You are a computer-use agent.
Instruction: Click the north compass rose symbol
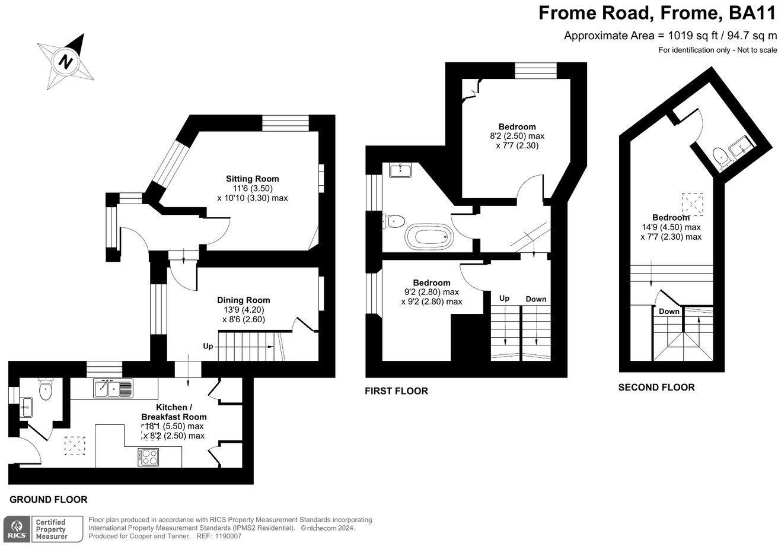[66, 61]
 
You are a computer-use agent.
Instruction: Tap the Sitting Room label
[252, 179]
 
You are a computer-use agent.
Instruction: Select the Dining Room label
[243, 300]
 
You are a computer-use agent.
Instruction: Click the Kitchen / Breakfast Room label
[173, 412]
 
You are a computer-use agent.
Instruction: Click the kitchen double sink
[113, 389]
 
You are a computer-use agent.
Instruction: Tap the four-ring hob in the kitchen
[148, 457]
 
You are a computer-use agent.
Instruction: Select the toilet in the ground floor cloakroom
[46, 389]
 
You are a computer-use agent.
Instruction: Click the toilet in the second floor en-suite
[721, 157]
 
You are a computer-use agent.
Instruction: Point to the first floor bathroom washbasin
[400, 171]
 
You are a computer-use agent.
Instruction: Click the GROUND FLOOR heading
[49, 500]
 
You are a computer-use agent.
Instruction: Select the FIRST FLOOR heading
[397, 391]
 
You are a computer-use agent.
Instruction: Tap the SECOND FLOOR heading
[656, 388]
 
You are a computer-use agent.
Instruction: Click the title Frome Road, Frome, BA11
[657, 13]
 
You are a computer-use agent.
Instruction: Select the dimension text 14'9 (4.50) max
[671, 227]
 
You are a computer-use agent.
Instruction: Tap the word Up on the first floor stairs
[505, 299]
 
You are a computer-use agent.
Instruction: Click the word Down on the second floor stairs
[669, 312]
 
